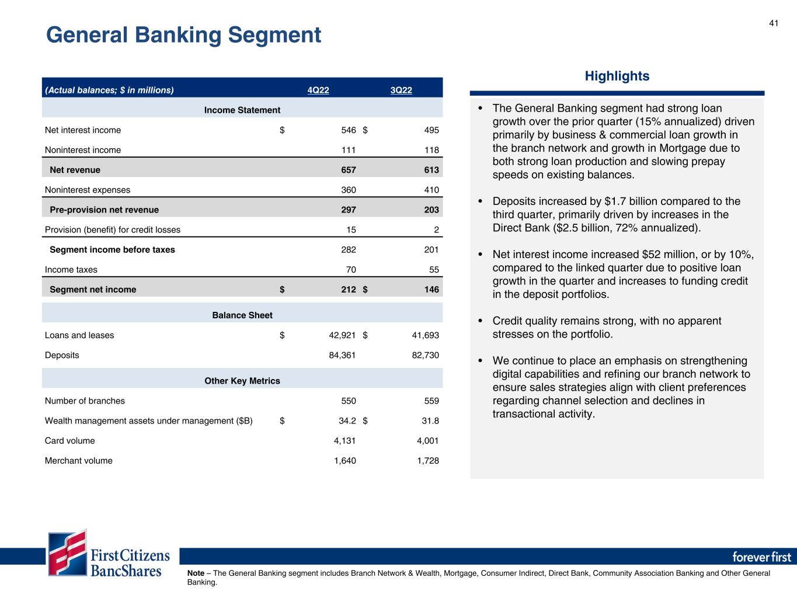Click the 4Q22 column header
pos(318,90)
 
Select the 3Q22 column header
pos(401,90)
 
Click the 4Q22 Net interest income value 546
pos(349,130)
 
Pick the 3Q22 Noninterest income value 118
pos(431,150)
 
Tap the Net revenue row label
pos(75,170)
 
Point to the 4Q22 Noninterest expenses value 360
pos(349,190)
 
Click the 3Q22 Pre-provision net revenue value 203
pos(431,210)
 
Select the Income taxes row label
pos(71,270)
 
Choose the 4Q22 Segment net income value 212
pos(349,290)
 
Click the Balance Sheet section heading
pos(242,315)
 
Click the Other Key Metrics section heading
pos(242,381)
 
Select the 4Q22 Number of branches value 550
pos(349,401)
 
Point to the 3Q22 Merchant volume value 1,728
pos(427,461)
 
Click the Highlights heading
pos(617,76)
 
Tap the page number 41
pos(774,23)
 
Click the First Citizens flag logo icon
pos(68,552)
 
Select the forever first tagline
pos(761,557)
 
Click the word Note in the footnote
pos(196,573)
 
